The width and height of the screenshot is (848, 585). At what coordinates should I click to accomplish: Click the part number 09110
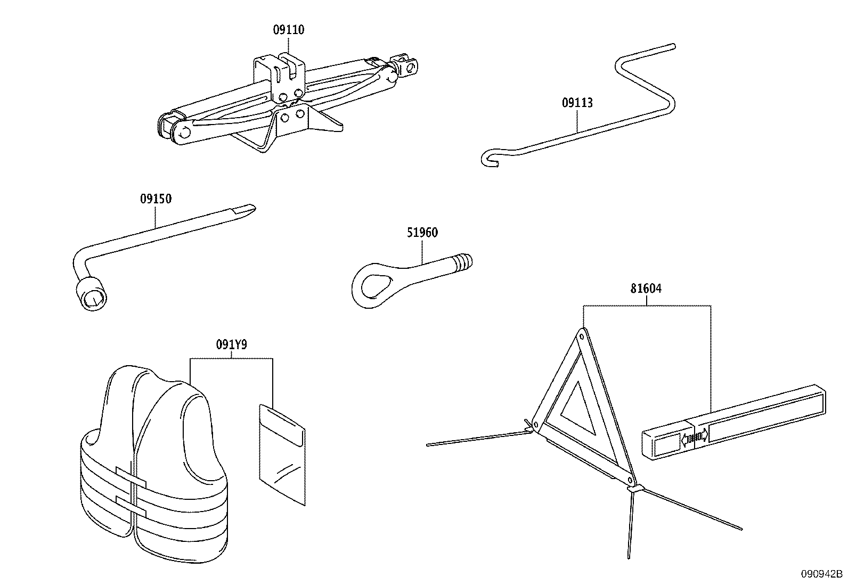click(x=289, y=30)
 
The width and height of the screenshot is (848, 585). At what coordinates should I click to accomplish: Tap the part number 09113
click(x=577, y=103)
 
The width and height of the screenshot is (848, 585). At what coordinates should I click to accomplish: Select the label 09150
click(x=156, y=199)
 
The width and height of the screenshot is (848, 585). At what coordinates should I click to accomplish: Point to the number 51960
click(x=422, y=233)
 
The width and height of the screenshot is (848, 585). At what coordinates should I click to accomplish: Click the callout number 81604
click(x=646, y=289)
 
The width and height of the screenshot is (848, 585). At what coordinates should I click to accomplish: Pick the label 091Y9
click(x=231, y=345)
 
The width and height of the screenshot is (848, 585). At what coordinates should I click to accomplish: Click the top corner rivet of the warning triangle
click(x=583, y=336)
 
